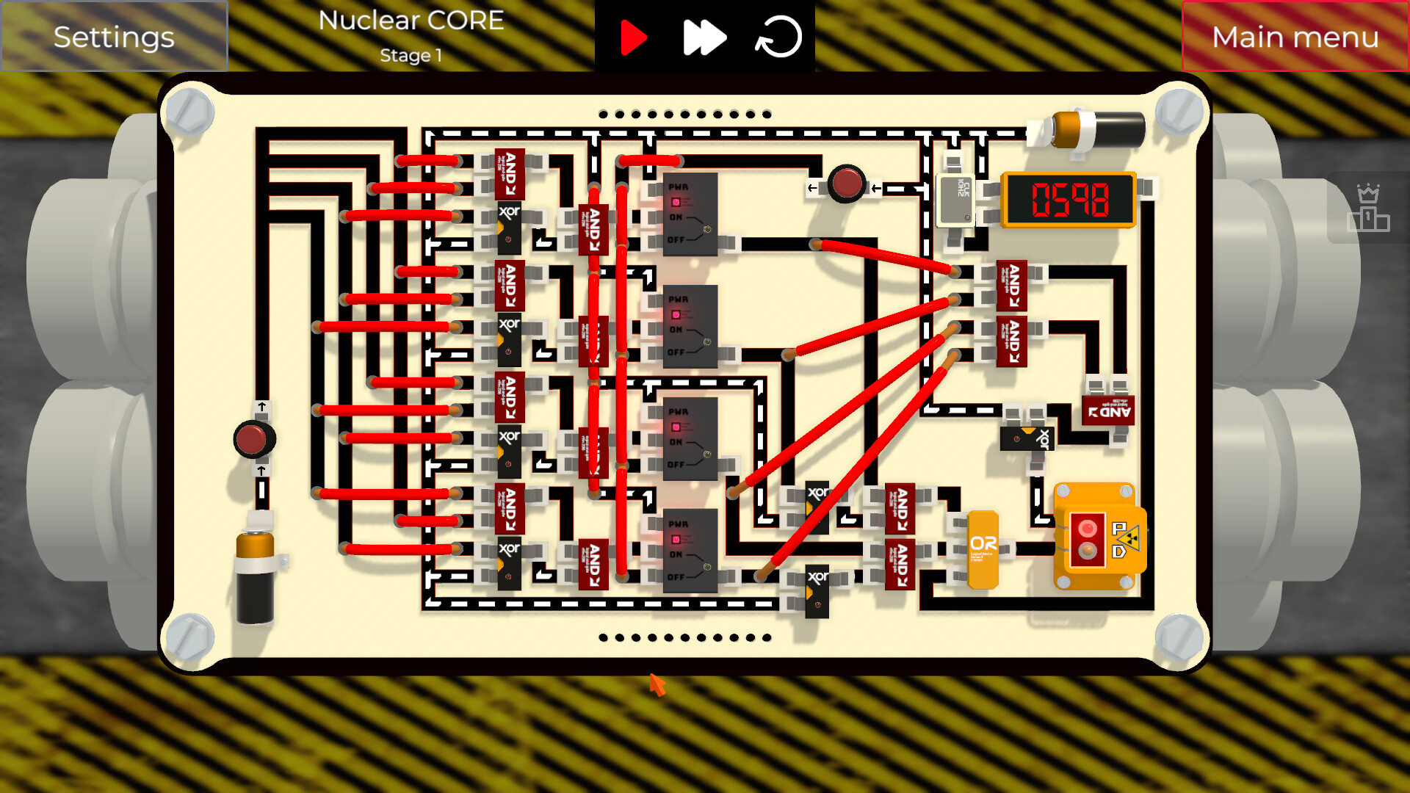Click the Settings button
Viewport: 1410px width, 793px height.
click(x=114, y=37)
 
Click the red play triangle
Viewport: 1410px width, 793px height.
click(x=632, y=37)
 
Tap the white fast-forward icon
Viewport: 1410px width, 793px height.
click(x=704, y=37)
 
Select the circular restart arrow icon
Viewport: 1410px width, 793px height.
click(x=778, y=37)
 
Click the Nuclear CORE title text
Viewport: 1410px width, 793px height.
click(x=411, y=21)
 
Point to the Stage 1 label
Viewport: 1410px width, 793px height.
click(x=411, y=55)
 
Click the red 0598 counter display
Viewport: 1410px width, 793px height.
click(x=1069, y=199)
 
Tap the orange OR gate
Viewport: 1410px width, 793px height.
click(x=983, y=548)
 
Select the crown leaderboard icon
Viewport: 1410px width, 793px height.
click(x=1368, y=209)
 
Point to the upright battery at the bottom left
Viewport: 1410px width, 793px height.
click(x=255, y=576)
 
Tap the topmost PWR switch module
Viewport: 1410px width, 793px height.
click(x=690, y=214)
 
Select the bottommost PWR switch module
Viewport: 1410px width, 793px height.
click(x=690, y=551)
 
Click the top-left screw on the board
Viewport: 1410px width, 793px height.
click(x=189, y=112)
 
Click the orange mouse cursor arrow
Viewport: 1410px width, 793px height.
click(x=657, y=684)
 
